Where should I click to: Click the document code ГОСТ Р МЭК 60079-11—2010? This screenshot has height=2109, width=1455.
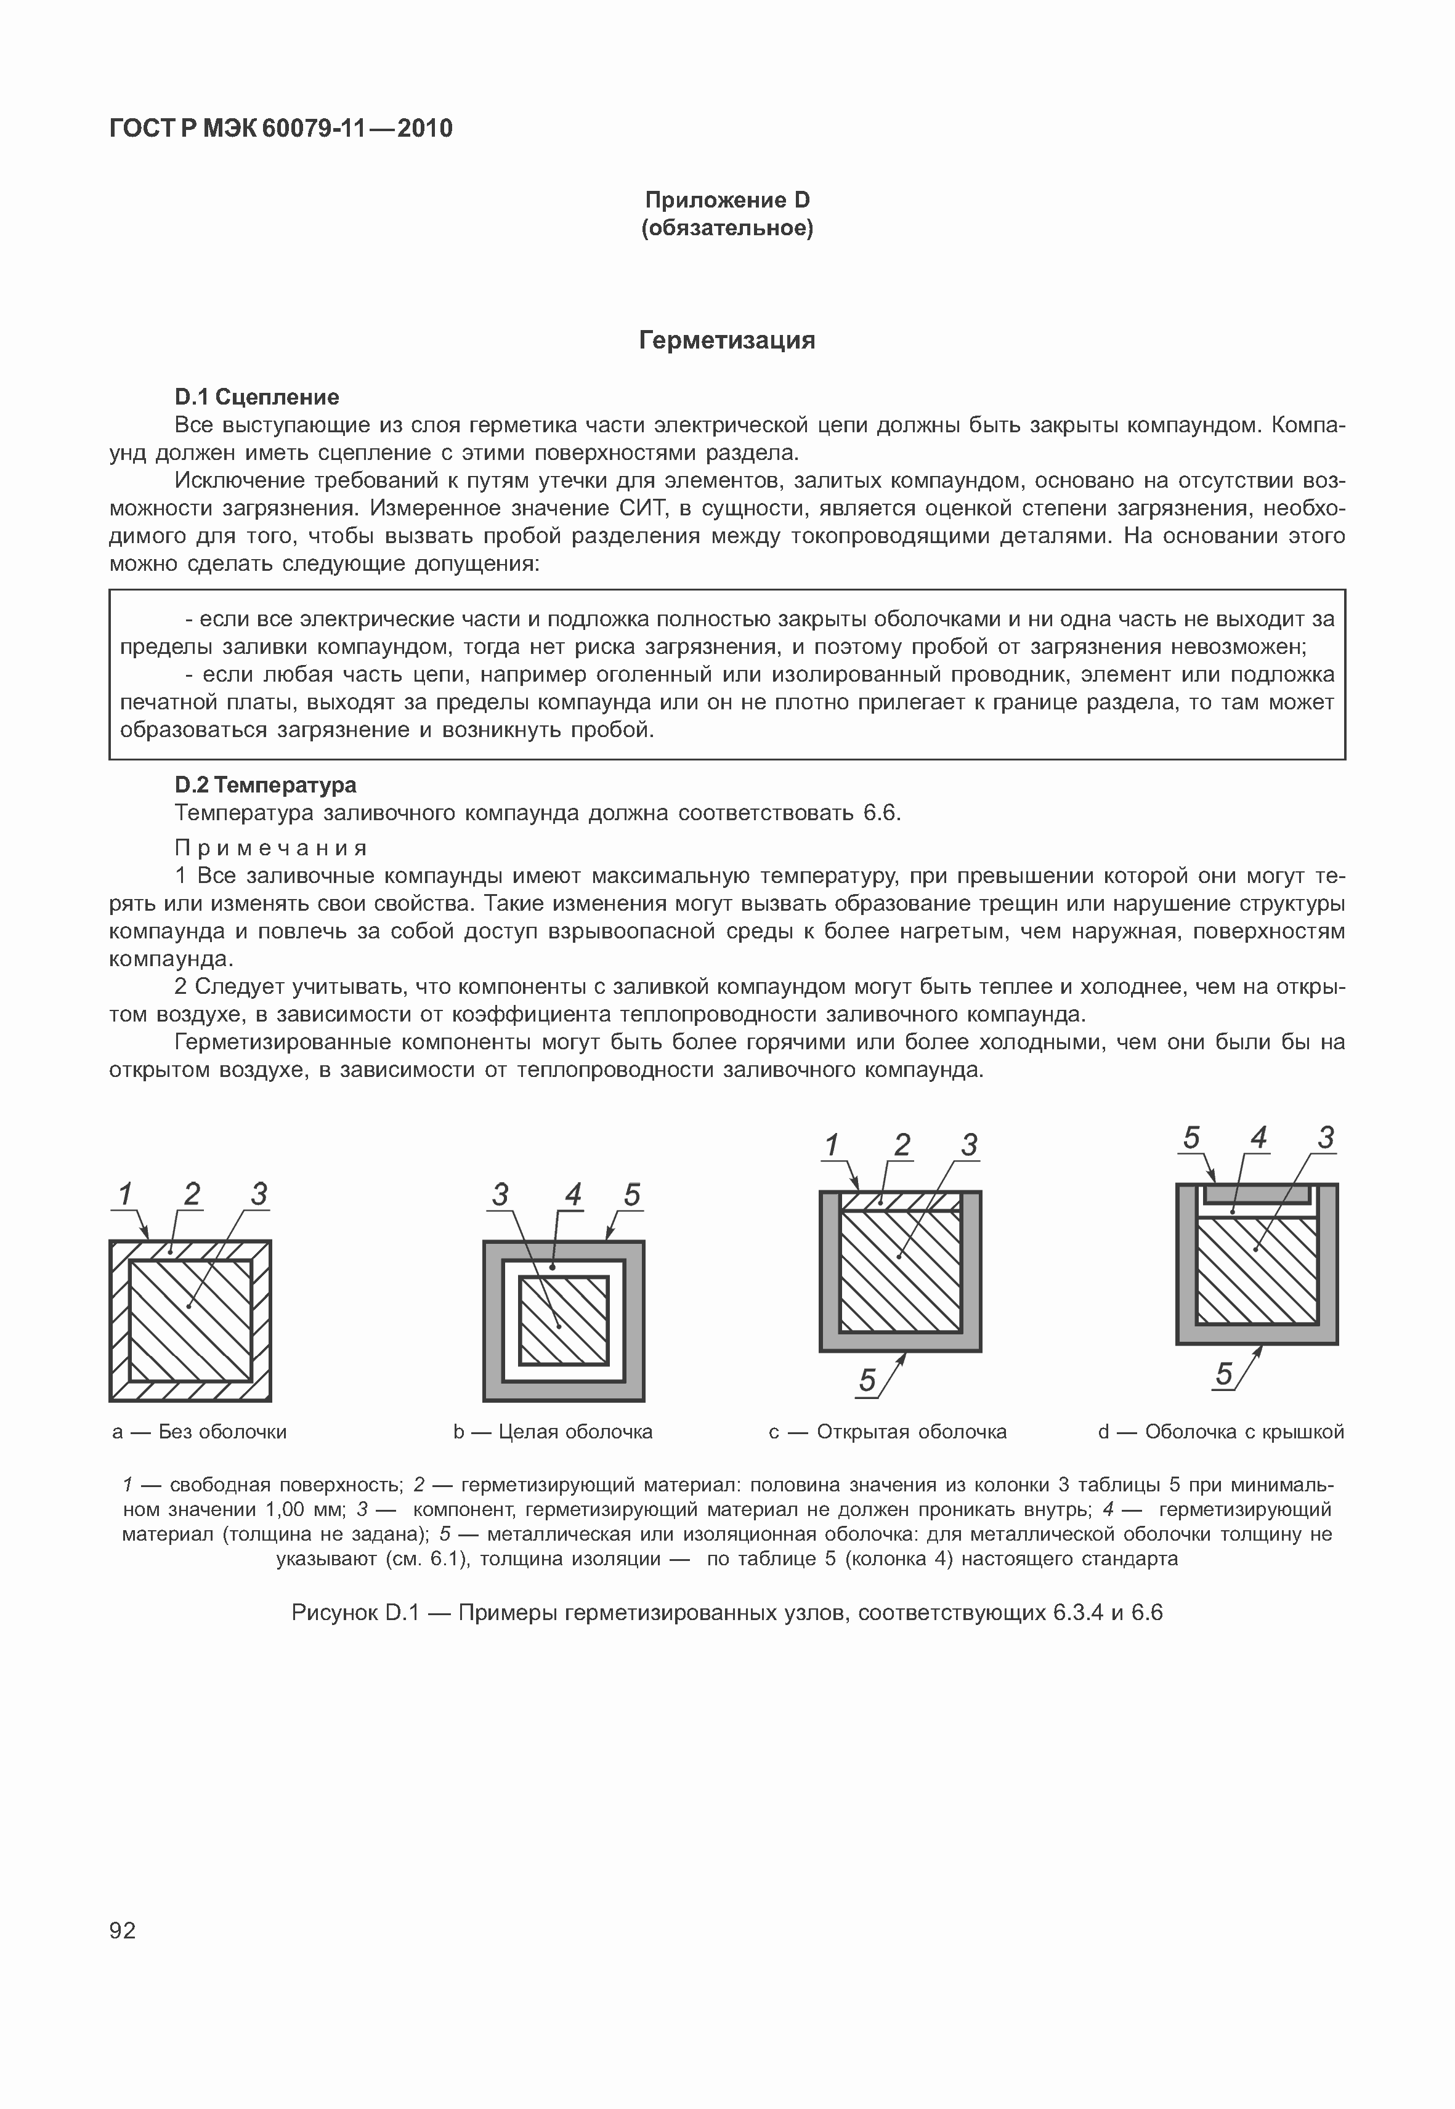pos(281,129)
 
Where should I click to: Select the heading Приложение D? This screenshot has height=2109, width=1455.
pos(727,200)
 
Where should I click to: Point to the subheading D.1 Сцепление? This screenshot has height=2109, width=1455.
pos(256,397)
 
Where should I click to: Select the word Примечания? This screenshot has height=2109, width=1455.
pos(271,848)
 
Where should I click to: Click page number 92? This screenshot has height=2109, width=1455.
pos(122,1930)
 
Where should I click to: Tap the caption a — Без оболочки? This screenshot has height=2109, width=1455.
pos(199,1432)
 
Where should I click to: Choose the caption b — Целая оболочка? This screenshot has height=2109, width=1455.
pos(553,1432)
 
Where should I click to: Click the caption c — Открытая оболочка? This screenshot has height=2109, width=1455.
pos(887,1432)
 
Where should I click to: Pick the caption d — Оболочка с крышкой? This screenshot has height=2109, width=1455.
pos(1221,1432)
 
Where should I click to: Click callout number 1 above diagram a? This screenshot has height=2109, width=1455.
pos(126,1194)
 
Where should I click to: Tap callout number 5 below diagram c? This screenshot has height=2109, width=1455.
pos(867,1381)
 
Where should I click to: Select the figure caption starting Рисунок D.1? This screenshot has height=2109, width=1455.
pos(727,1613)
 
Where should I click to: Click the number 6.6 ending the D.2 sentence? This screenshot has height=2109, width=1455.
pos(881,812)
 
